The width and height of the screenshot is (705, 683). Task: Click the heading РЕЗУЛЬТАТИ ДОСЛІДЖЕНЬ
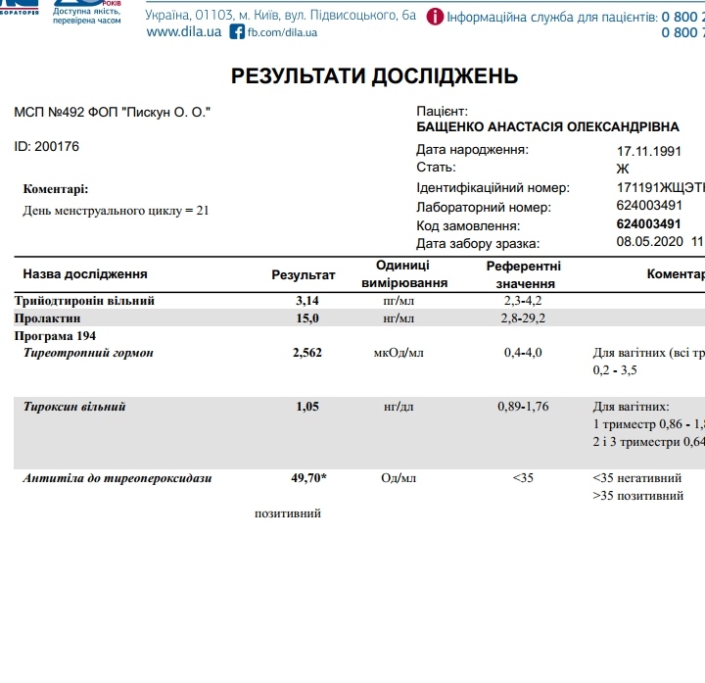click(x=374, y=76)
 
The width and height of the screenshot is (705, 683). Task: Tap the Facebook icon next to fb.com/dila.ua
click(x=237, y=32)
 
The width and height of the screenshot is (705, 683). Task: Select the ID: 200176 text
click(x=47, y=147)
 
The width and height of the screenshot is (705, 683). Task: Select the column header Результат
click(x=304, y=275)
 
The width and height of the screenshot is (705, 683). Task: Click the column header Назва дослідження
click(x=85, y=274)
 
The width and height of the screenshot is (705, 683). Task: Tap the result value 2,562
click(x=308, y=353)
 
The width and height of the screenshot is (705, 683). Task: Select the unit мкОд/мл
click(x=399, y=353)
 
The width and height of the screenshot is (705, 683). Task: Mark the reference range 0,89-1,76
click(x=525, y=407)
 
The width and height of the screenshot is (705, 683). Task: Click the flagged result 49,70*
click(x=309, y=479)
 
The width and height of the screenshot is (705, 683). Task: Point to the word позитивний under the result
click(x=288, y=513)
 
